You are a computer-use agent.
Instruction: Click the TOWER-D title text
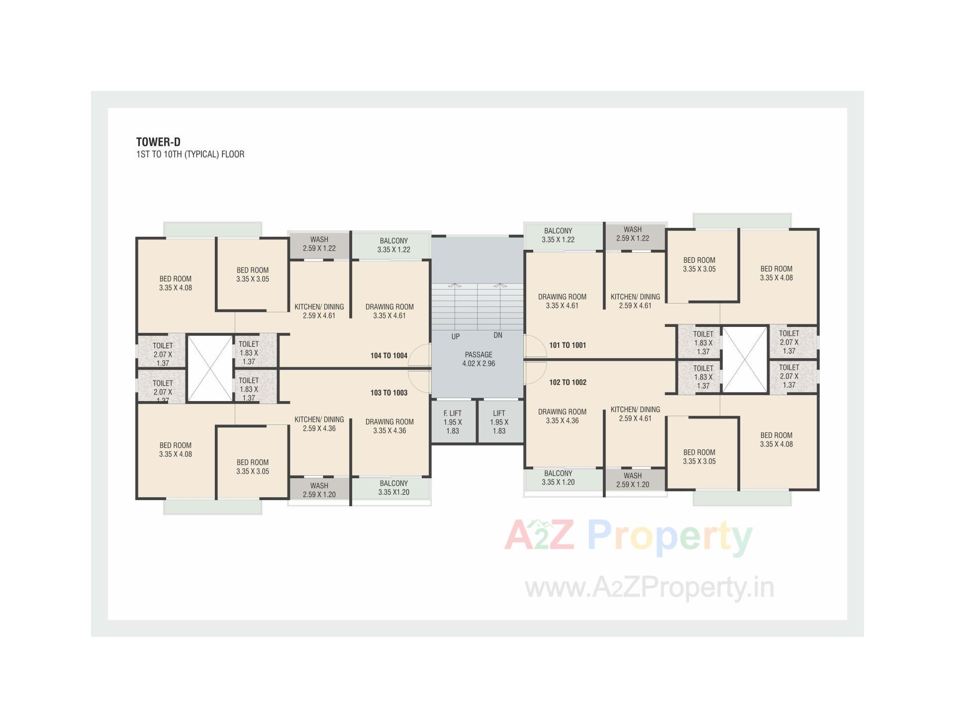(x=158, y=142)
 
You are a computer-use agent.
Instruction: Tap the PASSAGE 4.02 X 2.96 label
(x=478, y=359)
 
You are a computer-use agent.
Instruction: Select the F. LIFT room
(x=453, y=421)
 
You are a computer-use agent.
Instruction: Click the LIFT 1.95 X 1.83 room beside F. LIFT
(x=499, y=421)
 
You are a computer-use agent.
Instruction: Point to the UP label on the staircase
(x=455, y=336)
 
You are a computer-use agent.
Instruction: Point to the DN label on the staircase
(x=498, y=335)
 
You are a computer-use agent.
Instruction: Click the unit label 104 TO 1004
(x=388, y=355)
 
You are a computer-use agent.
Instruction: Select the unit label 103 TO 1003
(x=388, y=393)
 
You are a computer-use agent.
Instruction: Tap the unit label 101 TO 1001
(x=568, y=345)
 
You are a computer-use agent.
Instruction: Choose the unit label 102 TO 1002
(x=568, y=382)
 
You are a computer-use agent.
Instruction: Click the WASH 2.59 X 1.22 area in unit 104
(x=319, y=244)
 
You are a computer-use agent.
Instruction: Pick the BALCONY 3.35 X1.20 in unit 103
(x=393, y=488)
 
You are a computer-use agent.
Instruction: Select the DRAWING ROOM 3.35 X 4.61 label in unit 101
(x=562, y=301)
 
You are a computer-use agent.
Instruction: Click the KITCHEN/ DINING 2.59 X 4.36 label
(x=319, y=424)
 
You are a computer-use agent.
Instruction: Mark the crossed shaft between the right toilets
(x=745, y=359)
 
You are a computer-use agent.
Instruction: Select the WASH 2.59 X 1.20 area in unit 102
(x=632, y=480)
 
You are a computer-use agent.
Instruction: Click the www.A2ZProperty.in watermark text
(x=649, y=587)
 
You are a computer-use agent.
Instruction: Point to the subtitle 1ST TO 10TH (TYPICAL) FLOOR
(x=190, y=154)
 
